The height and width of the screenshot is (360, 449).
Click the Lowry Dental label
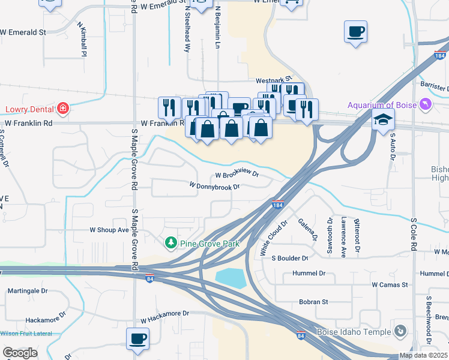29,109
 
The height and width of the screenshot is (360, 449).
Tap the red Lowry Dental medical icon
63,109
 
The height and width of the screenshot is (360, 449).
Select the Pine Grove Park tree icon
170,242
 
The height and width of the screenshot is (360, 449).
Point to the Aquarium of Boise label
382,105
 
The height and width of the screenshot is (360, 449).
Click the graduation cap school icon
382,120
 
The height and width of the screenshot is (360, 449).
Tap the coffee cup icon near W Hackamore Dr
137,338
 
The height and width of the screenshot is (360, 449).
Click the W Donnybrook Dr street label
214,187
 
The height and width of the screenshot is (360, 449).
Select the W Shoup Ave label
109,230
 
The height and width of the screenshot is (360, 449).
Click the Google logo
20,353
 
